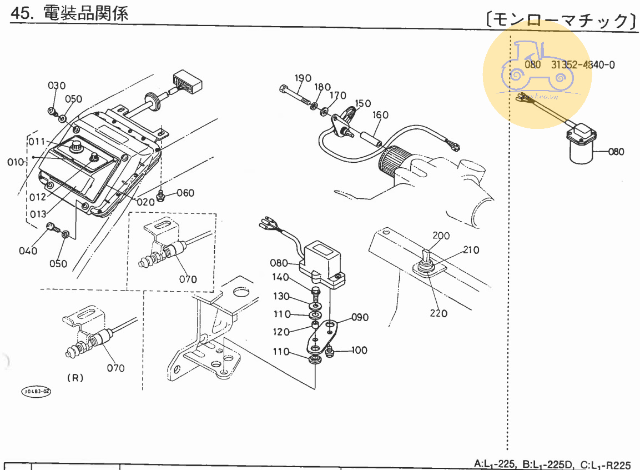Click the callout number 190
[303, 78]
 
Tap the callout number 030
[56, 86]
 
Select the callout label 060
[185, 193]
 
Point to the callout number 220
[438, 313]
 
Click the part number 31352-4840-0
[583, 64]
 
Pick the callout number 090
[360, 318]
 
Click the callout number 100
[359, 351]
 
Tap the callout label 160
[380, 115]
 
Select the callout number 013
[38, 214]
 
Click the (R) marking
[75, 378]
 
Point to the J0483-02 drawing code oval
[36, 392]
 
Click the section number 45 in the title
[20, 14]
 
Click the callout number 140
[280, 278]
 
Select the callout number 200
[441, 236]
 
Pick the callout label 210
[471, 250]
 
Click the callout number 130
[281, 296]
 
